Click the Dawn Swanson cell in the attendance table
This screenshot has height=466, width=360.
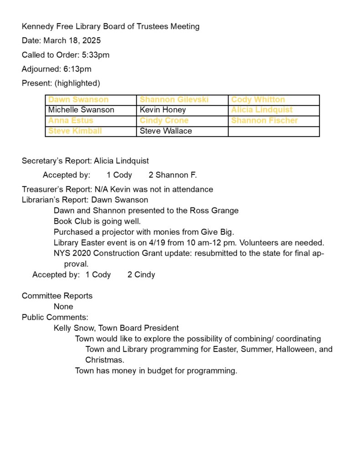tap(91, 100)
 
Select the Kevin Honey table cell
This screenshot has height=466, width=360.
tap(182, 110)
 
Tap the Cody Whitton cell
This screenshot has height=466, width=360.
tap(274, 100)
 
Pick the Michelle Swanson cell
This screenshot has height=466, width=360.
tap(91, 110)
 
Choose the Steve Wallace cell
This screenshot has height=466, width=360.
tap(182, 131)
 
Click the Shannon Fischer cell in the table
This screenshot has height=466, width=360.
tap(274, 121)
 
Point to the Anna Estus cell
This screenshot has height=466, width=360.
tap(91, 121)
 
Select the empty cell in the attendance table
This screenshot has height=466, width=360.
tap(274, 131)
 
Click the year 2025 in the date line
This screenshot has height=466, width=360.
tap(91, 41)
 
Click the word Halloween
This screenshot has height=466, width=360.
tap(289, 349)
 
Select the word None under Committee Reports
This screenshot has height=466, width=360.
tap(63, 307)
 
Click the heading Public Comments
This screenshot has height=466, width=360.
tap(55, 317)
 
